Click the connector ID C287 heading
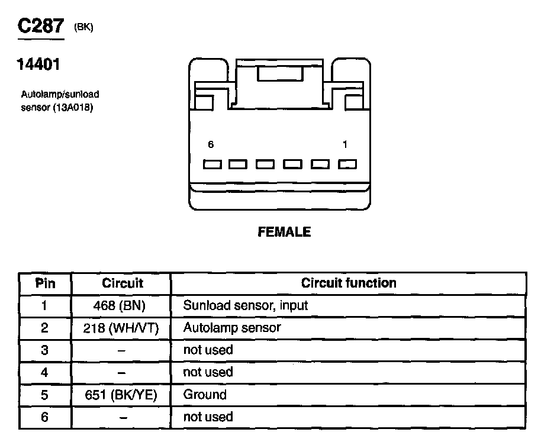point(41,27)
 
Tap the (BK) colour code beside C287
point(83,28)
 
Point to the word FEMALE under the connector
point(284,232)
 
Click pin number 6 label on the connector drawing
point(211,144)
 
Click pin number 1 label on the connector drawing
point(344,144)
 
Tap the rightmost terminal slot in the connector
point(347,165)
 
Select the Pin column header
point(45,283)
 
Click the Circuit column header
point(123,283)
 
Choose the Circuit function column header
point(349,283)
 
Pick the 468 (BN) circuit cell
point(123,305)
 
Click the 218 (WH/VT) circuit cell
point(123,328)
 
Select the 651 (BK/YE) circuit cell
point(123,395)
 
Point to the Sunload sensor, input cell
point(246,305)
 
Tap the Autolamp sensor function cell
point(232,328)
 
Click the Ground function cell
point(205,395)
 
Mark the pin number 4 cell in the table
point(45,372)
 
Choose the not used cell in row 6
point(208,417)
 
